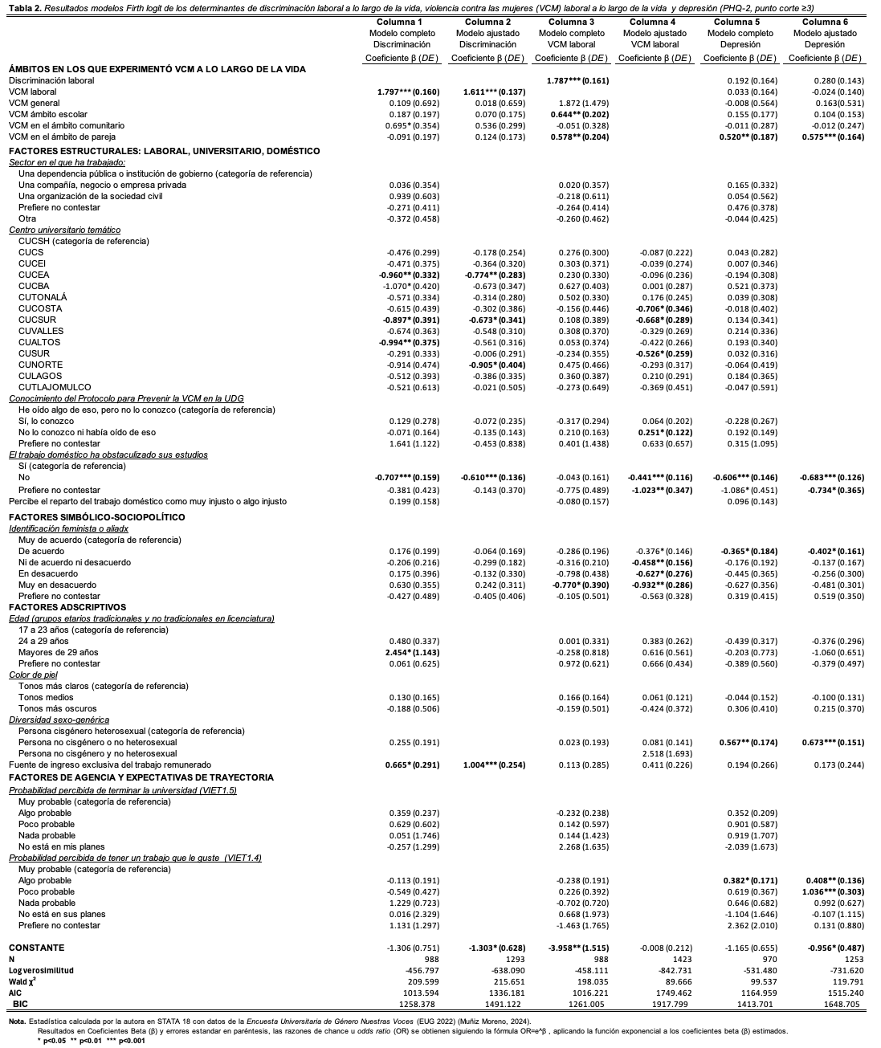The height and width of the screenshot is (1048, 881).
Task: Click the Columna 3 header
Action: (x=571, y=22)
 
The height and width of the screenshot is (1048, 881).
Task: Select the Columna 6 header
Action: (x=825, y=22)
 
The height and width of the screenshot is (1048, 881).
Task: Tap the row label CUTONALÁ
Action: (x=43, y=297)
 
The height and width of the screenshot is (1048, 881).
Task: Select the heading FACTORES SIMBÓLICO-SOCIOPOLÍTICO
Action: (x=96, y=517)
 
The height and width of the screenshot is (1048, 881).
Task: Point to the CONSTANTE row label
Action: (x=36, y=948)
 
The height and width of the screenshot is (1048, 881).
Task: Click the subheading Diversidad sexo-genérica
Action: (x=59, y=720)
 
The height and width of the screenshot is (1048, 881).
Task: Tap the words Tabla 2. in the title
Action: (x=22, y=6)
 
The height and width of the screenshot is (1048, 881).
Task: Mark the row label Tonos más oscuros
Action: (x=57, y=708)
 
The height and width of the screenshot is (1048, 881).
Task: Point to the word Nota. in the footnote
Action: (x=18, y=1021)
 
